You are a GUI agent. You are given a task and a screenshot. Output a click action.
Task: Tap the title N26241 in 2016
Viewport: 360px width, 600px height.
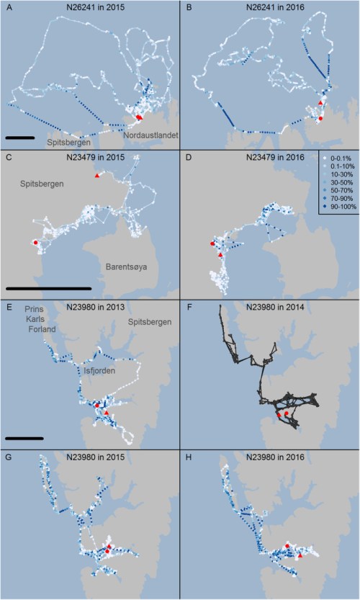270,8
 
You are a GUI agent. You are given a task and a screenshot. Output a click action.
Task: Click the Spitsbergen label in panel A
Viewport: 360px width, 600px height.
68,143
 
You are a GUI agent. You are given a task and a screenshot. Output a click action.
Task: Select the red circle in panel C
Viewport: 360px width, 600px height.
35,243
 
